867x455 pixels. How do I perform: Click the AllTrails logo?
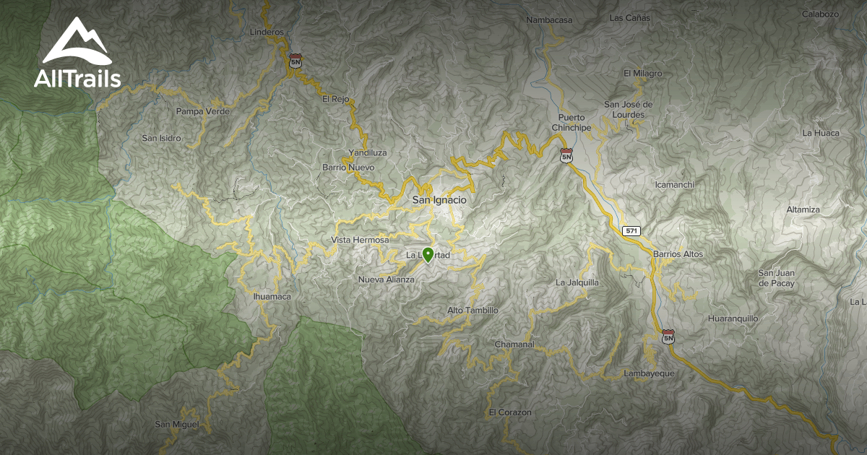[77, 54]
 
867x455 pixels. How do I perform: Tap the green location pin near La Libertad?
[428, 255]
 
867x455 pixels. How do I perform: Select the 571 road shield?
[632, 230]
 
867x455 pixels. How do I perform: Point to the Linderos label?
[267, 32]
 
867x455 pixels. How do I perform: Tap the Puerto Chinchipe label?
[571, 122]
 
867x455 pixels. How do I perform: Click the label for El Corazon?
[509, 412]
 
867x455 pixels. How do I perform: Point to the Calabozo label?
[820, 14]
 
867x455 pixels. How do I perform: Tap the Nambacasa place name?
[549, 20]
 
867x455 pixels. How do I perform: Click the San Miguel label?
[176, 424]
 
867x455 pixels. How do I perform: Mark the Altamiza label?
[803, 209]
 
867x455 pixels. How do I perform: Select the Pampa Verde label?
[203, 111]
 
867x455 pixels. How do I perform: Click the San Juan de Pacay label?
[777, 278]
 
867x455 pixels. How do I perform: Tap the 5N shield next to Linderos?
[295, 61]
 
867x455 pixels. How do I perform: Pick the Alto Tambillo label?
[473, 311]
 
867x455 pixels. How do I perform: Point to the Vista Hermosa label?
[360, 240]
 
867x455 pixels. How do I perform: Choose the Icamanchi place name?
[674, 184]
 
